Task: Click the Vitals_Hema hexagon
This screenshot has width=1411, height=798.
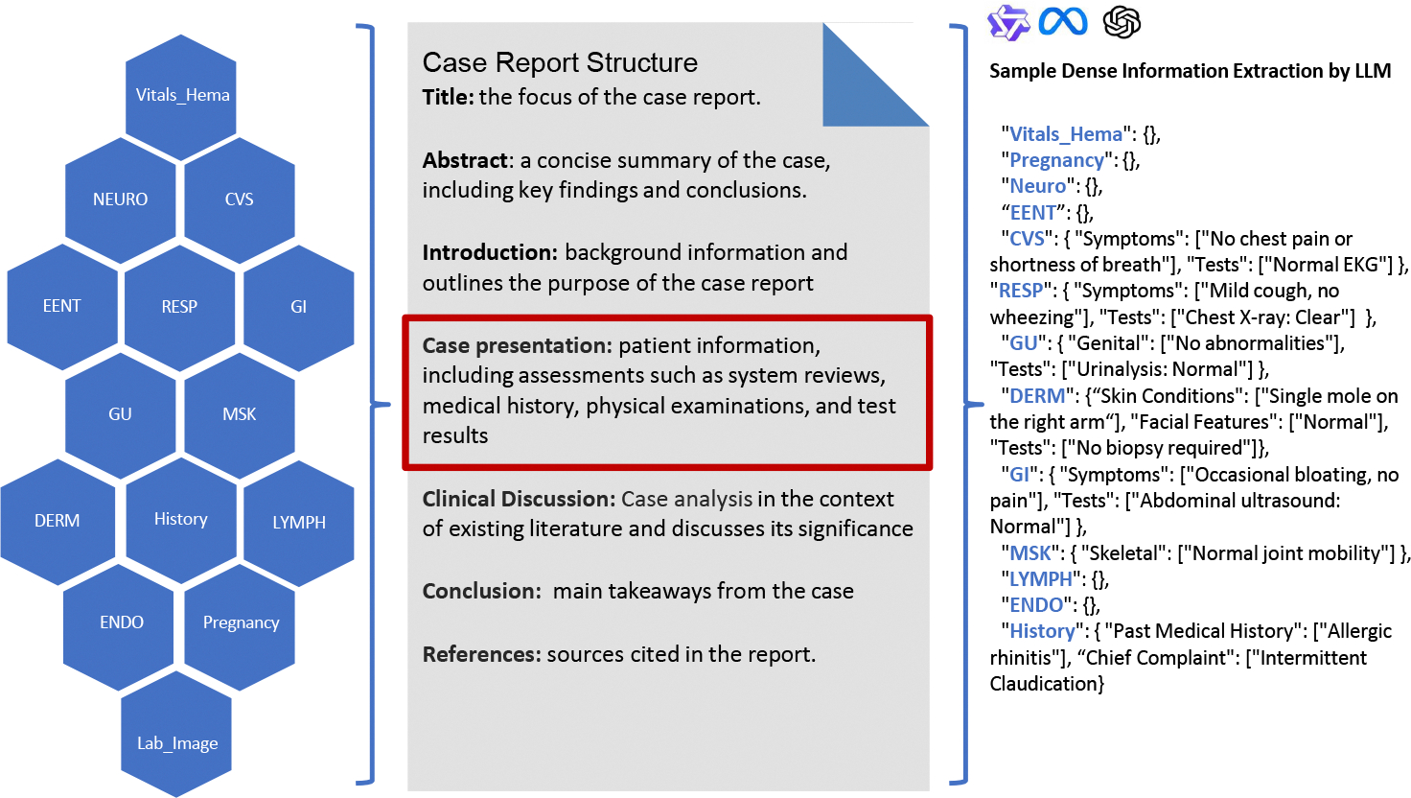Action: pyautogui.click(x=181, y=96)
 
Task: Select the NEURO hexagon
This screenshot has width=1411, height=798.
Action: pyautogui.click(x=121, y=199)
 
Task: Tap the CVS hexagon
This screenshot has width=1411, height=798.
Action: pyautogui.click(x=240, y=199)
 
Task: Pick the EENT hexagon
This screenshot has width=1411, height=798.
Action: pyautogui.click(x=62, y=306)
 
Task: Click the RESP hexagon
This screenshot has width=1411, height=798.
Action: pyautogui.click(x=179, y=307)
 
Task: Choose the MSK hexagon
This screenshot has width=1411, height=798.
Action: pyautogui.click(x=240, y=414)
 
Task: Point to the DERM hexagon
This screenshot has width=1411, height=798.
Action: pyautogui.click(x=58, y=521)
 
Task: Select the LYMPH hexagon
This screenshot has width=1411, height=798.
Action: pyautogui.click(x=299, y=523)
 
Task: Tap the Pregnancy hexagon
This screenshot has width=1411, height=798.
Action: pyautogui.click(x=241, y=623)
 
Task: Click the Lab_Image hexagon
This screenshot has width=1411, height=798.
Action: pyautogui.click(x=177, y=743)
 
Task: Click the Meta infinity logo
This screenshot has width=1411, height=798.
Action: pyautogui.click(x=1063, y=21)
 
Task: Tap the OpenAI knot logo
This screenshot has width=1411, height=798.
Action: pyautogui.click(x=1122, y=21)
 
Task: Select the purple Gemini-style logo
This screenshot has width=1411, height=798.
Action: pyautogui.click(x=1007, y=22)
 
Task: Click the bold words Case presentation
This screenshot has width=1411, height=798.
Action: pyautogui.click(x=517, y=345)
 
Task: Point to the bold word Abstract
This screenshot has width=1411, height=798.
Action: pyautogui.click(x=465, y=160)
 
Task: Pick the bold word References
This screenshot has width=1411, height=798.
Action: pyautogui.click(x=481, y=654)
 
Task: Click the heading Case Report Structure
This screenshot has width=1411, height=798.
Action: pyautogui.click(x=560, y=62)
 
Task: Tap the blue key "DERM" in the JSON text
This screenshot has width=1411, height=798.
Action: pyautogui.click(x=1037, y=396)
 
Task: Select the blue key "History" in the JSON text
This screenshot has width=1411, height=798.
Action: pyautogui.click(x=1042, y=631)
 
